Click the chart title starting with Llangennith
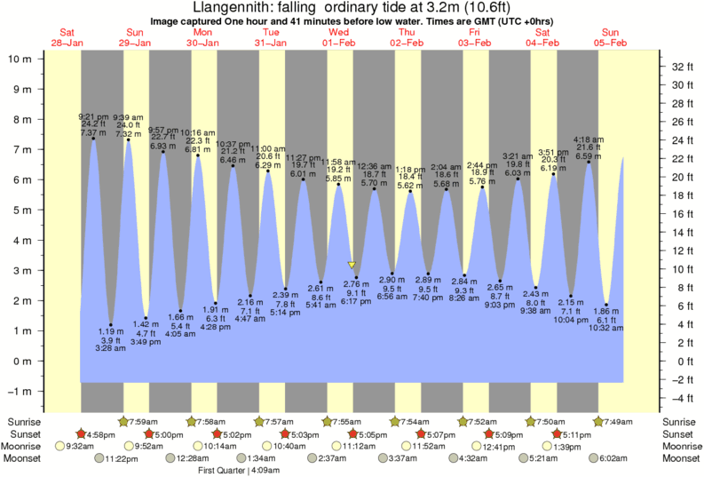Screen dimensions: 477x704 click(x=352, y=7)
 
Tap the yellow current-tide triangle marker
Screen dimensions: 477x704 click(x=352, y=265)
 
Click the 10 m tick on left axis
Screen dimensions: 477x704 click(x=21, y=59)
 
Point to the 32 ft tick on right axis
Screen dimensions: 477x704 click(x=682, y=67)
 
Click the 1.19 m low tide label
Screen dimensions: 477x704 click(x=110, y=330)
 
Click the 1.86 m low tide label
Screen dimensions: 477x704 click(x=605, y=312)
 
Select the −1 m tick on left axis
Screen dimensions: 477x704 click(x=21, y=391)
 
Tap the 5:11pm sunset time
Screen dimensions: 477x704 click(x=574, y=434)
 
